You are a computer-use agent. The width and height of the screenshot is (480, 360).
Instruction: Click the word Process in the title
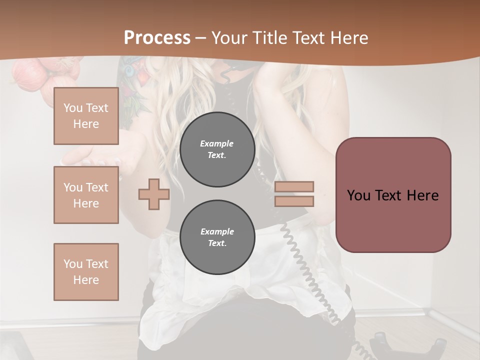(157, 38)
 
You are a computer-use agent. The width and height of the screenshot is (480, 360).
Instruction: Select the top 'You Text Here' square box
(86, 116)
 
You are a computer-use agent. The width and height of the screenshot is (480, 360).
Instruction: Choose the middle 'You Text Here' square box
(86, 195)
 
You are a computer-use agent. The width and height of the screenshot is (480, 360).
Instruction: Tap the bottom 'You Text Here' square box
(86, 271)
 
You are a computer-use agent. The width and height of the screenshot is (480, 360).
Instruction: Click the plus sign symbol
(153, 194)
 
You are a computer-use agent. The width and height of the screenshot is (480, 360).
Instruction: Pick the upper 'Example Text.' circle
(217, 149)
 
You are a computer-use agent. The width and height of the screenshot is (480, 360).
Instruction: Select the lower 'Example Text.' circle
(217, 237)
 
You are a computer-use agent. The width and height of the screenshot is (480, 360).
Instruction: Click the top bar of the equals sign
(294, 186)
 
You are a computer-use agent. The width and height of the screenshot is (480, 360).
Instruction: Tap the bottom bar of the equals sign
(294, 201)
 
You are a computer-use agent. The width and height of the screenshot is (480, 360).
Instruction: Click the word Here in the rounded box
(422, 195)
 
